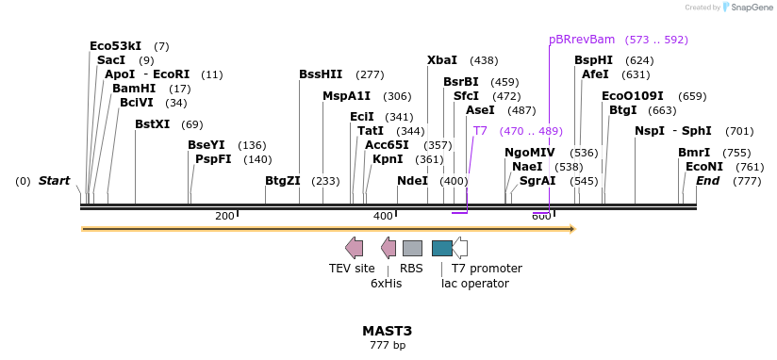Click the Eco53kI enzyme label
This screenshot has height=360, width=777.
[x=115, y=45]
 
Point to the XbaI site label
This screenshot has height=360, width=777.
[x=442, y=60]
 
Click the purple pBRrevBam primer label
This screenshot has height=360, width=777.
[x=582, y=40]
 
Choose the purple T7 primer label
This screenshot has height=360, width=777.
[x=480, y=131]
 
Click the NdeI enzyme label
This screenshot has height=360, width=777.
[x=412, y=181]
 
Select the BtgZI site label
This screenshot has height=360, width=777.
[x=282, y=181]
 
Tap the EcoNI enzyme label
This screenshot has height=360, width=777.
[x=703, y=167]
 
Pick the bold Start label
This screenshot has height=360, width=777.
[x=54, y=181]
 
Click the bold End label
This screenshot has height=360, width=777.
[x=708, y=181]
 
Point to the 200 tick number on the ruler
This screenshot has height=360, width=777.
[x=224, y=217]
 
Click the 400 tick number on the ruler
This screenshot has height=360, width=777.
[x=383, y=217]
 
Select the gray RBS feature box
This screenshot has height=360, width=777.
[x=412, y=248]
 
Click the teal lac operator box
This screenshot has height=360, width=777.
[x=441, y=248]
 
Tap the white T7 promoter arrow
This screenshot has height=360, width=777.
[x=460, y=248]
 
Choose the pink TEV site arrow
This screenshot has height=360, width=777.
[x=354, y=248]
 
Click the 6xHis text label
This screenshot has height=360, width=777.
[x=386, y=283]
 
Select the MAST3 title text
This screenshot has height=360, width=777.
[x=388, y=331]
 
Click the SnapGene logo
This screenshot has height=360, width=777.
[x=749, y=8]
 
